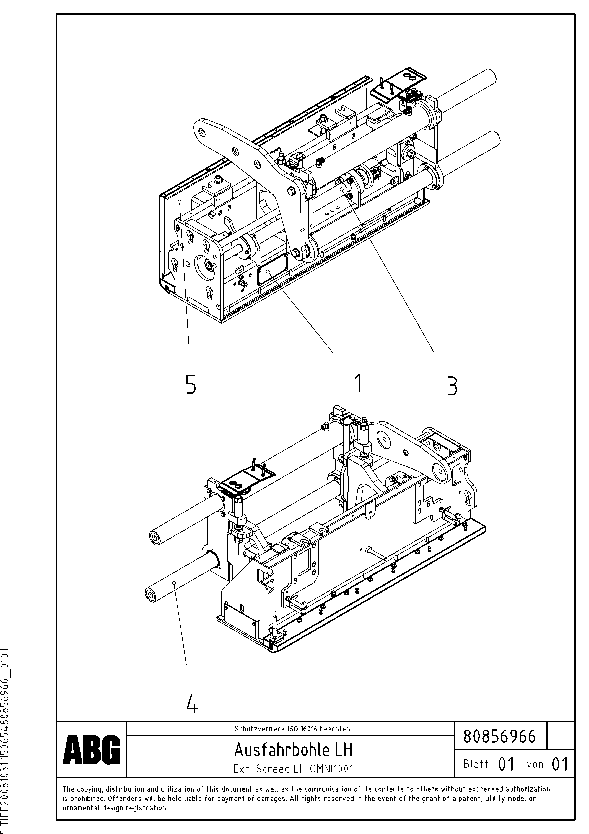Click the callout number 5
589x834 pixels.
click(x=191, y=385)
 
